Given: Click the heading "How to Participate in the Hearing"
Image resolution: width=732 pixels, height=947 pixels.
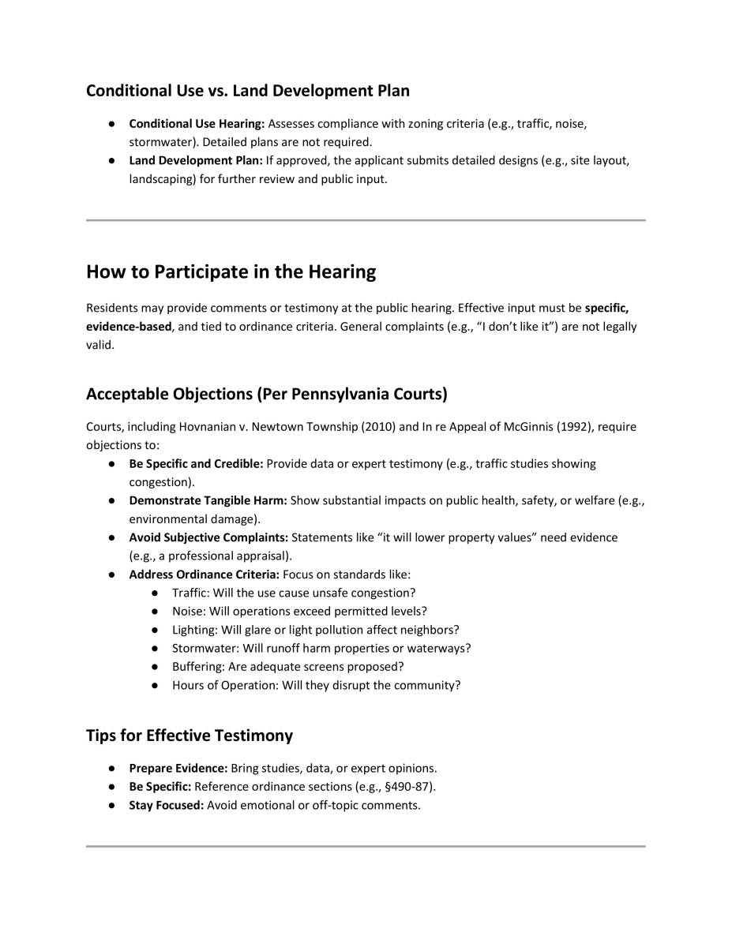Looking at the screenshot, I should (231, 272).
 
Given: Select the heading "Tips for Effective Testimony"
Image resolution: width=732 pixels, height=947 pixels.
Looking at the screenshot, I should (189, 736).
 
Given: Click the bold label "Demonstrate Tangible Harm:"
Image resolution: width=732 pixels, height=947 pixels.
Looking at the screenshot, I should (208, 500).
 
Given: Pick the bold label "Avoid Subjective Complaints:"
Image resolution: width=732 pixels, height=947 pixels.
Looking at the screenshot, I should (208, 537).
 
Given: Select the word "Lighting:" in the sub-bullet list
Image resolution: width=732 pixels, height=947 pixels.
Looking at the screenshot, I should (195, 630).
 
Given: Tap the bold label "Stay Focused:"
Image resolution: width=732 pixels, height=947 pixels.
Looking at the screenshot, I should (166, 806).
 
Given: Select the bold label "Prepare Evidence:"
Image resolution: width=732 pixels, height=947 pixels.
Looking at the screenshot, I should (178, 768).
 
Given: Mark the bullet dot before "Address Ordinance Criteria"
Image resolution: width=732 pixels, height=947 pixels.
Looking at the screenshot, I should (114, 575).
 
